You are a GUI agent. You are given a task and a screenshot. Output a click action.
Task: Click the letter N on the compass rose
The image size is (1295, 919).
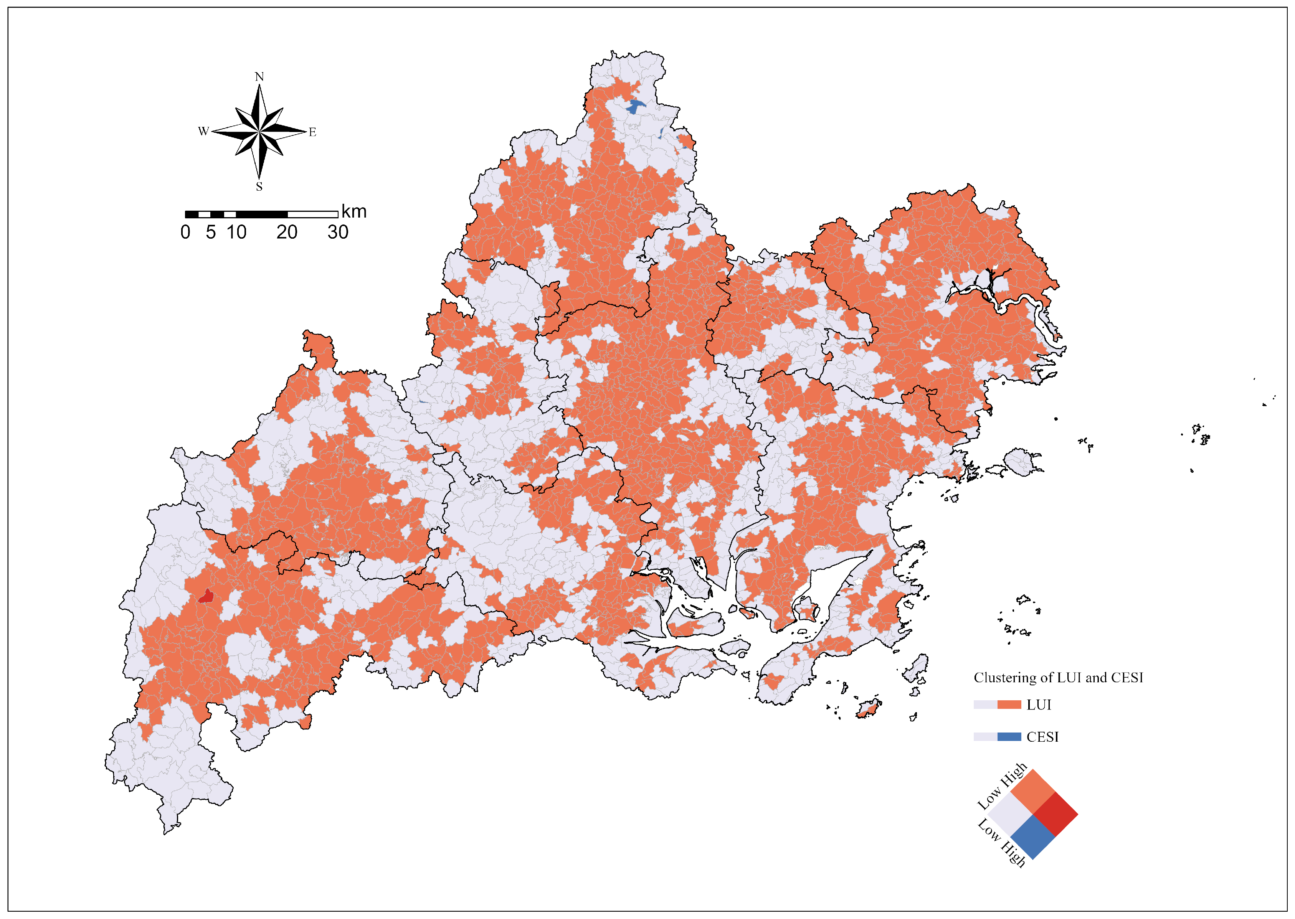coord(259,76)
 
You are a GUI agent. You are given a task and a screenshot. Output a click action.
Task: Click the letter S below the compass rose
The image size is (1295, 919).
coord(259,186)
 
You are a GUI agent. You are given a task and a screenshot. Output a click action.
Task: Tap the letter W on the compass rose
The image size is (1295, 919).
coord(203,131)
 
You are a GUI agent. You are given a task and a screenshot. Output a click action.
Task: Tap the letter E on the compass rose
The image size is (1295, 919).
coord(312,132)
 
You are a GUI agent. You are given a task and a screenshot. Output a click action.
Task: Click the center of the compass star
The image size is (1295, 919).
coord(259,132)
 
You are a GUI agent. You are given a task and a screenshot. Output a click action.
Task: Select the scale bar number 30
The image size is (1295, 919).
coord(338,232)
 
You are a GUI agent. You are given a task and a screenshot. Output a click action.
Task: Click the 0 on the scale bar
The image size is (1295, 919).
coord(185,232)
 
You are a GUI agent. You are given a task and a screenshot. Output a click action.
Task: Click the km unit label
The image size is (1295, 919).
coord(354,212)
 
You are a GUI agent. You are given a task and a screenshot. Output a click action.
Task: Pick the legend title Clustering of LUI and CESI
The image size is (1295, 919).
coord(1058,677)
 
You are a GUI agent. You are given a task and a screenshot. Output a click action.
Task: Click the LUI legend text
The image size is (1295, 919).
coord(1039,705)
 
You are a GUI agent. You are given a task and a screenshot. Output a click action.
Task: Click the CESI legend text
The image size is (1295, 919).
coord(1042,737)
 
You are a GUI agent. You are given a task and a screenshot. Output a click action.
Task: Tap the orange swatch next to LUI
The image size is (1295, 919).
coord(1009,705)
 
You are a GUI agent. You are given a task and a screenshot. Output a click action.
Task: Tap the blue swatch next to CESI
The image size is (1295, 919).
coord(1009,737)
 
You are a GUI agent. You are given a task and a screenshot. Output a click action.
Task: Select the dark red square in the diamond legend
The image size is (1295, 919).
coord(1055,814)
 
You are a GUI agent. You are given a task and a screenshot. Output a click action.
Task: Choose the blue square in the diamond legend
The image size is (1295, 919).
coord(1033,837)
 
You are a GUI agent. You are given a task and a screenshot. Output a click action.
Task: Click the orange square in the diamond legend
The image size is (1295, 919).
coord(1033,792)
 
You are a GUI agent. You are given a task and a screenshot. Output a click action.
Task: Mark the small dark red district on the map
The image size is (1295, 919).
coord(206,596)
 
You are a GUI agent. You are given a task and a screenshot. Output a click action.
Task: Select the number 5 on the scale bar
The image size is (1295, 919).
coord(211,232)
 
